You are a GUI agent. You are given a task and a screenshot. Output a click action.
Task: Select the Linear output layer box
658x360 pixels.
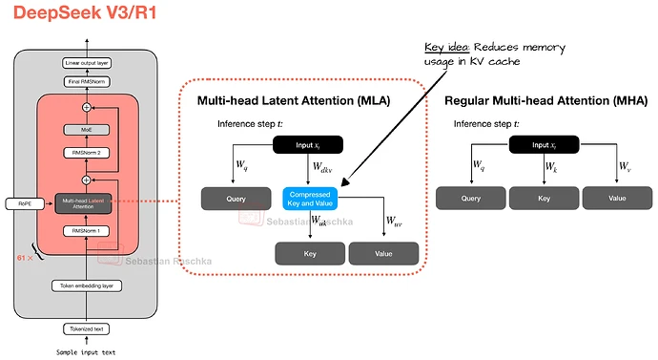tap(87, 62)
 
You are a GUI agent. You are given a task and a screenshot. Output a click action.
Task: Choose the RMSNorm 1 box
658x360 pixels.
tap(87, 230)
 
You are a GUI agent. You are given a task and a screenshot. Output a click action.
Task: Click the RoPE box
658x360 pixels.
tap(19, 203)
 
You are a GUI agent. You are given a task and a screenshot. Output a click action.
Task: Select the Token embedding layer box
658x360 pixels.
tap(87, 285)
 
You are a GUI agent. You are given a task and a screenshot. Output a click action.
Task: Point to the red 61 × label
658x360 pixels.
tap(27, 258)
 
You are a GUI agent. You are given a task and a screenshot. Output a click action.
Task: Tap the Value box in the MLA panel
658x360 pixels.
tap(382, 253)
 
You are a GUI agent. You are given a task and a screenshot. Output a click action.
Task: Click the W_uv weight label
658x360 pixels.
tap(393, 222)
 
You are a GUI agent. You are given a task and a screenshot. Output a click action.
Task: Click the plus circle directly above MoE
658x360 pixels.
tap(87, 107)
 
